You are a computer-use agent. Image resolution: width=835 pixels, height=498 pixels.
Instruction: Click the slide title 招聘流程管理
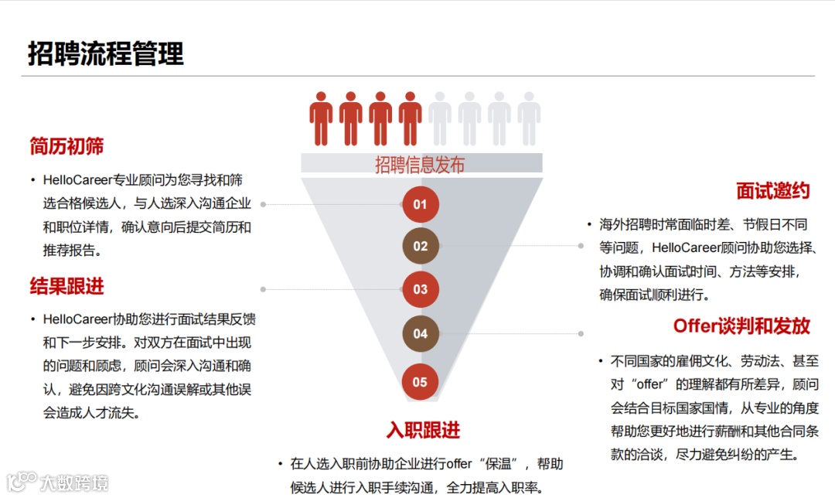tap(106, 54)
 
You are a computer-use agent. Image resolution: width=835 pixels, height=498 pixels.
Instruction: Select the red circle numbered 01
tap(420, 204)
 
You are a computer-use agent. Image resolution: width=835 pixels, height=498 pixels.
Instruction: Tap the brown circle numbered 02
tap(420, 246)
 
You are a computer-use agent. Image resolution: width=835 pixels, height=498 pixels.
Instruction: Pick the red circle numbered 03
tap(420, 289)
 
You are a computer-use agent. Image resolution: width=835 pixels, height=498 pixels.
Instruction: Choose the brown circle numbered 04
tap(420, 333)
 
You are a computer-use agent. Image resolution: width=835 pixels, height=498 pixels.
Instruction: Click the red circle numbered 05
tap(420, 381)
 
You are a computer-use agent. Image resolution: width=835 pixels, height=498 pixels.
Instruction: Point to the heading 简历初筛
tap(67, 146)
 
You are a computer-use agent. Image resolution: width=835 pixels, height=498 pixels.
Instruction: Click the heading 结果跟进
tap(67, 286)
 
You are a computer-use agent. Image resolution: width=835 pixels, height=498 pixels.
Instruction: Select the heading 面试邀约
tap(772, 191)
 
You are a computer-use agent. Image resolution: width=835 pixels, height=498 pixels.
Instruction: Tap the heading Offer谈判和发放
tap(741, 326)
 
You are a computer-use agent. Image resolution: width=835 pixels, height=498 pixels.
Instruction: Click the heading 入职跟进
tap(423, 430)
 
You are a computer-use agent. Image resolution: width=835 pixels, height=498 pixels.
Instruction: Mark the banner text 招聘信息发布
tap(420, 164)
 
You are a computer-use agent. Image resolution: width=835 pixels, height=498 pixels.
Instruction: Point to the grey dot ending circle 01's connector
tap(263, 204)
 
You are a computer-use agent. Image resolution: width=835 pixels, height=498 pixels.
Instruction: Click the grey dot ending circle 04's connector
tap(581, 333)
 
